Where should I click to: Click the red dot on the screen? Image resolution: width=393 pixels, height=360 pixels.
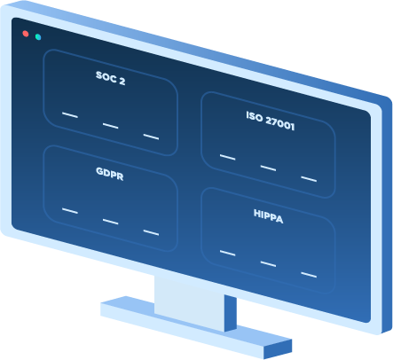pyautogui.click(x=26, y=34)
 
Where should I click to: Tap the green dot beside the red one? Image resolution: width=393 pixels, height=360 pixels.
pyautogui.click(x=38, y=37)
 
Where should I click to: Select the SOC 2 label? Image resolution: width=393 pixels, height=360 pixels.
pyautogui.click(x=111, y=78)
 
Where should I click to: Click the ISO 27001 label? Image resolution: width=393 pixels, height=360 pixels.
pyautogui.click(x=271, y=121)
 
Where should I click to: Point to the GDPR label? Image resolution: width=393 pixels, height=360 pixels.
pyautogui.click(x=110, y=174)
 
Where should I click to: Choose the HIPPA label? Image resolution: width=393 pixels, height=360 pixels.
pyautogui.click(x=269, y=216)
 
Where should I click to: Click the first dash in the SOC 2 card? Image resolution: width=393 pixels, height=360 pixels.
pyautogui.click(x=70, y=115)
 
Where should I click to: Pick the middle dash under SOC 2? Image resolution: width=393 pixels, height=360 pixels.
pyautogui.click(x=111, y=126)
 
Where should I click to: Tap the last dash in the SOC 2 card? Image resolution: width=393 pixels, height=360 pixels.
pyautogui.click(x=151, y=137)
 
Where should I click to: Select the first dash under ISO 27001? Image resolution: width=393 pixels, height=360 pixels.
pyautogui.click(x=228, y=157)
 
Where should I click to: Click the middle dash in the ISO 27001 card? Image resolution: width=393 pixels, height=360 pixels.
pyautogui.click(x=268, y=168)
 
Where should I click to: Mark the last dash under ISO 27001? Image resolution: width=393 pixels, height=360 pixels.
pyautogui.click(x=309, y=179)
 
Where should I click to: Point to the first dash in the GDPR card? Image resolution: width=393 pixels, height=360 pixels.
pyautogui.click(x=70, y=211)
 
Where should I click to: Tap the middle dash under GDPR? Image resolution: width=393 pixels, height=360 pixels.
pyautogui.click(x=111, y=222)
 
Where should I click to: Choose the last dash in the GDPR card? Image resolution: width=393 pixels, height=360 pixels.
pyautogui.click(x=151, y=232)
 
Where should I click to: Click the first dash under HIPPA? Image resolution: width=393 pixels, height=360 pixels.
pyautogui.click(x=228, y=253)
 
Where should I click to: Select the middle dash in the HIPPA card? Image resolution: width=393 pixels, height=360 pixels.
pyautogui.click(x=268, y=264)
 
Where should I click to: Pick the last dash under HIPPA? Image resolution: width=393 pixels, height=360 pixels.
pyautogui.click(x=309, y=275)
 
